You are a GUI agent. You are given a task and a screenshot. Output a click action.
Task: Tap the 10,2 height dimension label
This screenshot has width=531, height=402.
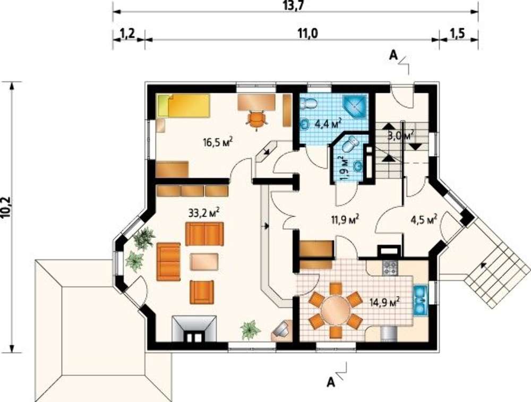coord(8,206)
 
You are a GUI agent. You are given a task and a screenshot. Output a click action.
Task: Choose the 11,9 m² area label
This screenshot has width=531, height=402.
coord(345,220)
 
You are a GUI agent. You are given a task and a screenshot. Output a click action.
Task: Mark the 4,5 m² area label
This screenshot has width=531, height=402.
coord(423,220)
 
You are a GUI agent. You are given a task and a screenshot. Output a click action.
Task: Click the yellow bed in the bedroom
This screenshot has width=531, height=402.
coord(183,106)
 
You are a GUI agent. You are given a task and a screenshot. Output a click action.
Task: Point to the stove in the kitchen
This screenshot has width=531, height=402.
coord(390,268)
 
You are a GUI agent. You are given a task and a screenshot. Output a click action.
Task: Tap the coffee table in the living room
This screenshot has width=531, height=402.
coord(204,262)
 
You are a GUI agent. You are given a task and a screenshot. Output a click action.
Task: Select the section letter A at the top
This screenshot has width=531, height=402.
coord(393,55)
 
